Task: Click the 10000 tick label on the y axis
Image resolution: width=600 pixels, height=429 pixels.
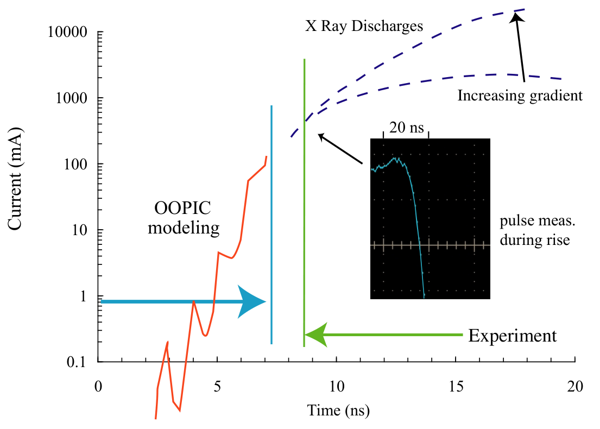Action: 67,32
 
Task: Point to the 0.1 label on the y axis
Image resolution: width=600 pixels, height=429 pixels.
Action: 77,362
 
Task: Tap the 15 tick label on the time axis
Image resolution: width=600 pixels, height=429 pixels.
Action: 456,387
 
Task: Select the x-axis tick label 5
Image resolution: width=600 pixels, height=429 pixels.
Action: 217,387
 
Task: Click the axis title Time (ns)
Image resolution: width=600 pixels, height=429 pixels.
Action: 339,411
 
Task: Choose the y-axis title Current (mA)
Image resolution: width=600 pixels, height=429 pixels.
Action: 15,179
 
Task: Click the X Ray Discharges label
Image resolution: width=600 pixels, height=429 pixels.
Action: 364,26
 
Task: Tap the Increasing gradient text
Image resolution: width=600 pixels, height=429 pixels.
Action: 520,96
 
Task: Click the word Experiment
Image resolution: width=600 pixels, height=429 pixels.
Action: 513,336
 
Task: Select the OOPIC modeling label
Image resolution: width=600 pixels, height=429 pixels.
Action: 184,218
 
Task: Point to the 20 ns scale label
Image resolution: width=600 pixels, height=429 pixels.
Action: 406,128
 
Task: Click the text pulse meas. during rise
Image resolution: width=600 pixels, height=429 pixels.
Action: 537,230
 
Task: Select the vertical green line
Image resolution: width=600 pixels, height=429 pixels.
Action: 304,203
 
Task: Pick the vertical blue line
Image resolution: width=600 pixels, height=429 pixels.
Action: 271,225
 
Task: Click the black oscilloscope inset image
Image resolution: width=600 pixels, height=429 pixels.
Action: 430,218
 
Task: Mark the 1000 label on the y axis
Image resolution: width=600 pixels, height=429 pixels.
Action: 72,98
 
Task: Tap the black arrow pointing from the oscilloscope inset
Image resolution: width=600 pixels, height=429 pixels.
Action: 340,148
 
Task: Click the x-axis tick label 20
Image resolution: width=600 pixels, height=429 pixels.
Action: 575,387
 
